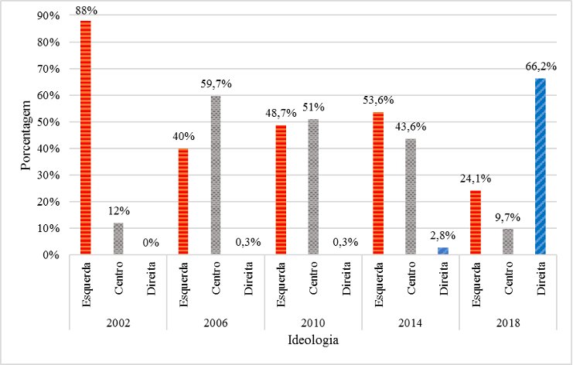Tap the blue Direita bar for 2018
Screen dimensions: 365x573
(541, 166)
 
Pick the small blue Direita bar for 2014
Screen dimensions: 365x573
(443, 251)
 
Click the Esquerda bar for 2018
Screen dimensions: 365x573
(476, 222)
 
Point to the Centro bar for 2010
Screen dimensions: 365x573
(313, 186)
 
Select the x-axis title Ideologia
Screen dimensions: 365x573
(313, 339)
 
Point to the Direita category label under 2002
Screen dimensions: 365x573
(151, 284)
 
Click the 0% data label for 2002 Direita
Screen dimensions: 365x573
(151, 243)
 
